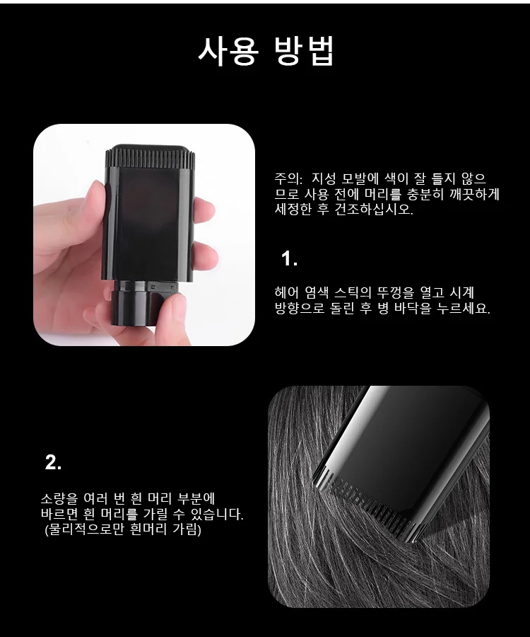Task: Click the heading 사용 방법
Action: pyautogui.click(x=266, y=51)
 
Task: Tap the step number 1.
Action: pyautogui.click(x=289, y=259)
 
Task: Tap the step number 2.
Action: pyautogui.click(x=53, y=462)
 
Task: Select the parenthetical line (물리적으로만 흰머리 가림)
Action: pyautogui.click(x=123, y=529)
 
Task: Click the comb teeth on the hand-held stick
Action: pyautogui.click(x=151, y=159)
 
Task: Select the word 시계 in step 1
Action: pyautogui.click(x=461, y=292)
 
